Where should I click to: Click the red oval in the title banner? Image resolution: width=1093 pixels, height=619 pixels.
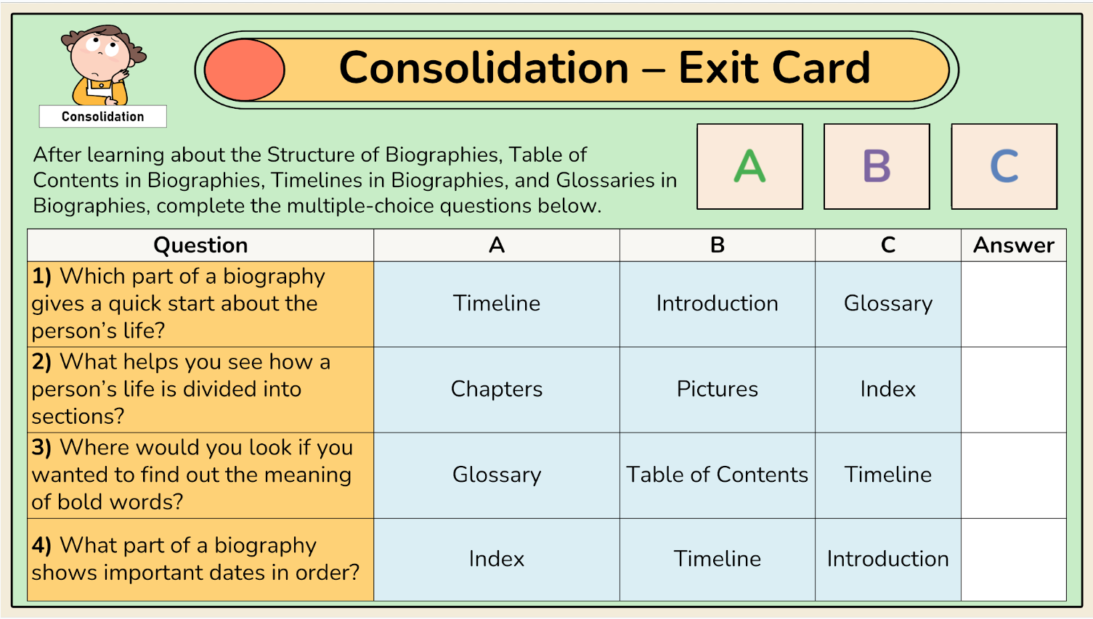(x=245, y=70)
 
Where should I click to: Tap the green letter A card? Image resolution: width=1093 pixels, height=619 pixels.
(x=749, y=166)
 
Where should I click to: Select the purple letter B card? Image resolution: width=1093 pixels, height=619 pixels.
(x=877, y=166)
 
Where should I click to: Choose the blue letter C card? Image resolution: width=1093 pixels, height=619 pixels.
(x=1004, y=166)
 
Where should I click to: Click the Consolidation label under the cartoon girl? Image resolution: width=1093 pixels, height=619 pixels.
(x=103, y=117)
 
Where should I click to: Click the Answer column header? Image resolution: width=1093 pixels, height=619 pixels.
(x=1014, y=245)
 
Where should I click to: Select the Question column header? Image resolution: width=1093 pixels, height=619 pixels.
(x=200, y=245)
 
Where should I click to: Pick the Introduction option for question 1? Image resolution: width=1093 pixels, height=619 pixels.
(x=718, y=303)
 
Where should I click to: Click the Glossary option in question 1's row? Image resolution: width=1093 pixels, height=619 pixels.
(x=888, y=303)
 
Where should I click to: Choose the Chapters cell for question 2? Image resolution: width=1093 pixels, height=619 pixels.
(x=497, y=390)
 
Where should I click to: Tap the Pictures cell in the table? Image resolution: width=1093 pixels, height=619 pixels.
(x=718, y=390)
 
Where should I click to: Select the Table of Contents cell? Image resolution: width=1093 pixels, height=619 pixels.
(x=718, y=475)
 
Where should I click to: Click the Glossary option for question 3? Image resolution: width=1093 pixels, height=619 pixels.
(x=497, y=475)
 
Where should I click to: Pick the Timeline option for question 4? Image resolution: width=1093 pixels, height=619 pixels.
(x=718, y=559)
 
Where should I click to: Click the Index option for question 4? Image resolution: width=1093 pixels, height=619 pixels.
(x=497, y=559)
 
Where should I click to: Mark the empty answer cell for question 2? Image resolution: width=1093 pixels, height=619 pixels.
(x=1014, y=390)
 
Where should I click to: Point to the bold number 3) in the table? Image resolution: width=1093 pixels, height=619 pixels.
(x=41, y=448)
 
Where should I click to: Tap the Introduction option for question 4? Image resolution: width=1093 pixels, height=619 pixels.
(x=888, y=559)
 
